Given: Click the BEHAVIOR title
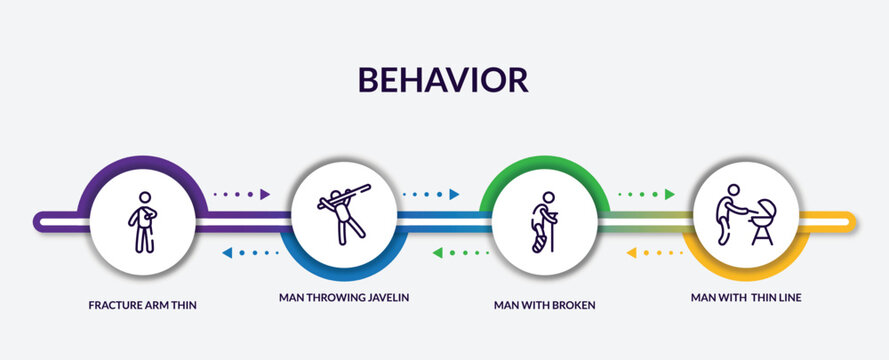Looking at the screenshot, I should (x=444, y=79).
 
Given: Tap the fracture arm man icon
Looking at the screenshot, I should (x=145, y=221).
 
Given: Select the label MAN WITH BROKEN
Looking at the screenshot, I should (x=543, y=304).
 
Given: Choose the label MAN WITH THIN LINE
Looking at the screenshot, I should (x=745, y=297).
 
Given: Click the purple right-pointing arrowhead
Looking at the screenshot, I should (x=266, y=194).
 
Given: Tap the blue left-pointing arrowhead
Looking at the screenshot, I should (x=227, y=253).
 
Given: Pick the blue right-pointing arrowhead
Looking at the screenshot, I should (x=454, y=194).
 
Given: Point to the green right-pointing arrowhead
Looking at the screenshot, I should (x=669, y=194).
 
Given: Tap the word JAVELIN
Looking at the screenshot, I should (x=385, y=297).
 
